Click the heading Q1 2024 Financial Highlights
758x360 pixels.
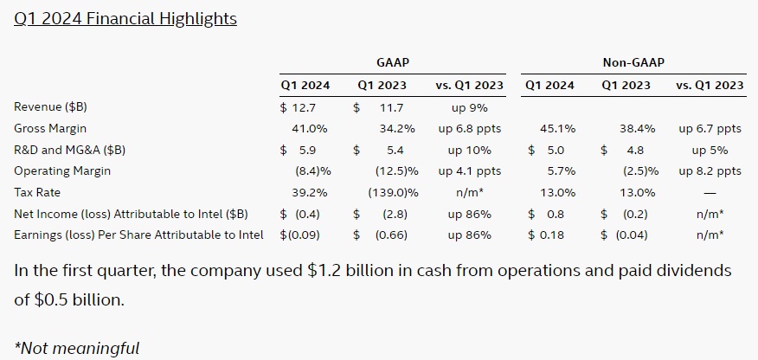[x=125, y=18]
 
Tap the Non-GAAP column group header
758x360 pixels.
[x=633, y=62]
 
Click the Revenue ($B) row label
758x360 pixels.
[x=51, y=107]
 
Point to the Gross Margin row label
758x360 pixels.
[x=50, y=129]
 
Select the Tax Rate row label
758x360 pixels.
[x=37, y=192]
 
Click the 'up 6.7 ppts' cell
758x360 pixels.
[x=710, y=129]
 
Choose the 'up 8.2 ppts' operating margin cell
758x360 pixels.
[x=710, y=171]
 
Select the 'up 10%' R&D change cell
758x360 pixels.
[x=468, y=150]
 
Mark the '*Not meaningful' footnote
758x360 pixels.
[x=77, y=348]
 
